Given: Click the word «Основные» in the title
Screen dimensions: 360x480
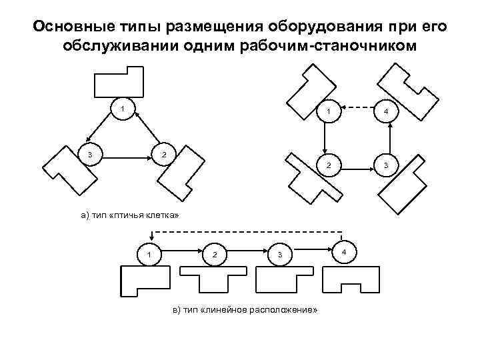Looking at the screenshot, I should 65,27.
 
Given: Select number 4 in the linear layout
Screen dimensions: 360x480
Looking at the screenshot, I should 343,251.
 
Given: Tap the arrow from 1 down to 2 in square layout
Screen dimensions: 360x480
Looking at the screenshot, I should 323,137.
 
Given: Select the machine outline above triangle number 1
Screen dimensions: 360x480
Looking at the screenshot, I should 118,83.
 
